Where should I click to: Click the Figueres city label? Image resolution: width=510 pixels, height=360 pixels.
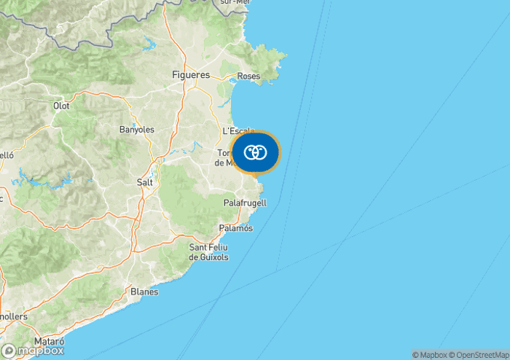tap(190, 75)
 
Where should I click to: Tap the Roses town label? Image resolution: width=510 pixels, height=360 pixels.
tap(249, 76)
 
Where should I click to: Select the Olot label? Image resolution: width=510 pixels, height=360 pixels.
tap(61, 106)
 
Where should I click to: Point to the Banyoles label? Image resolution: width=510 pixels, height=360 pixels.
tap(136, 130)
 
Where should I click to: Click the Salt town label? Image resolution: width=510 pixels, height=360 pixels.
tap(145, 182)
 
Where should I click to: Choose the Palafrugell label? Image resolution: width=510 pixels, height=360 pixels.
tap(245, 202)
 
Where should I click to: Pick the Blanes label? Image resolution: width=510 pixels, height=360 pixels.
tap(144, 291)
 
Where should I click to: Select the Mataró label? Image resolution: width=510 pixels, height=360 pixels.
tap(49, 341)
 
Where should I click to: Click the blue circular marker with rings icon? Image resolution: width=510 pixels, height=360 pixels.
tap(255, 152)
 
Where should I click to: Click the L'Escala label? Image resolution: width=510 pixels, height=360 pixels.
tap(238, 130)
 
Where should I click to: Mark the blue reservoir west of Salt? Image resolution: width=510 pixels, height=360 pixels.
tap(44, 178)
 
